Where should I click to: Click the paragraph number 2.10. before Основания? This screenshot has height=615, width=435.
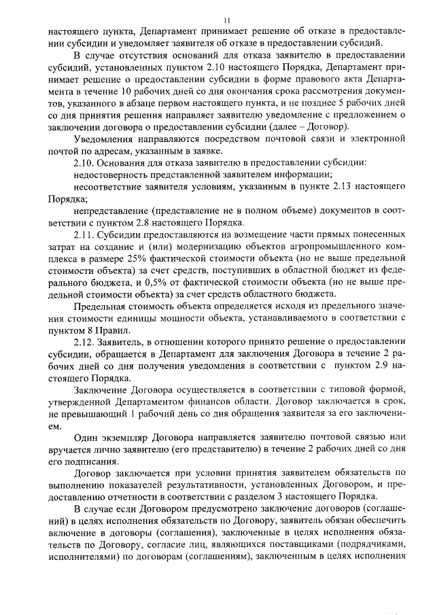84,163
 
